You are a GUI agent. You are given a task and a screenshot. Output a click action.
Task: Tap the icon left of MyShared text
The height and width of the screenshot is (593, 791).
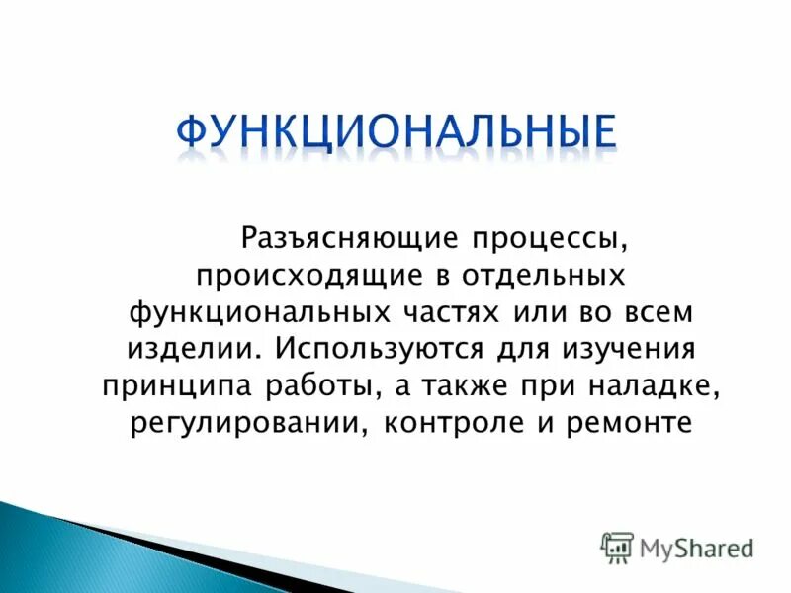pos(617,548)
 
